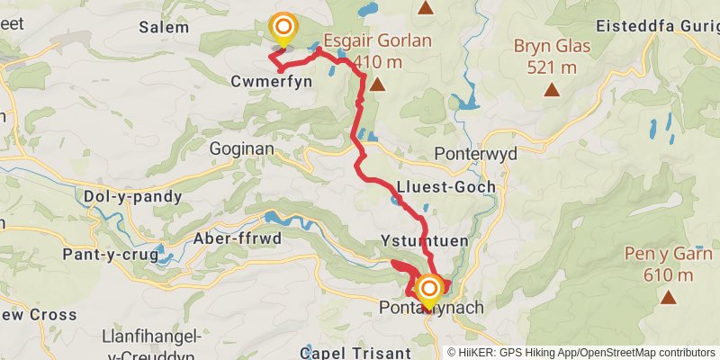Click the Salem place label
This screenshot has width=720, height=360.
pyautogui.click(x=164, y=27)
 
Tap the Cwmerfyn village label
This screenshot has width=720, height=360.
pyautogui.click(x=240, y=80)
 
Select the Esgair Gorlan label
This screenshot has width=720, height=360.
pyautogui.click(x=377, y=40)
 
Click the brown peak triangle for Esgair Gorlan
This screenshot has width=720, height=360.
pyautogui.click(x=377, y=85)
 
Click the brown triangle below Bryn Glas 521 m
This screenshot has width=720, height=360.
pyautogui.click(x=551, y=89)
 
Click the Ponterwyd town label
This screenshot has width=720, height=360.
pyautogui.click(x=475, y=153)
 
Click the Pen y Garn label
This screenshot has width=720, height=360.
pyautogui.click(x=668, y=254)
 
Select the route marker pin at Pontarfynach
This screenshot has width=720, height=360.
pyautogui.click(x=429, y=288)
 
